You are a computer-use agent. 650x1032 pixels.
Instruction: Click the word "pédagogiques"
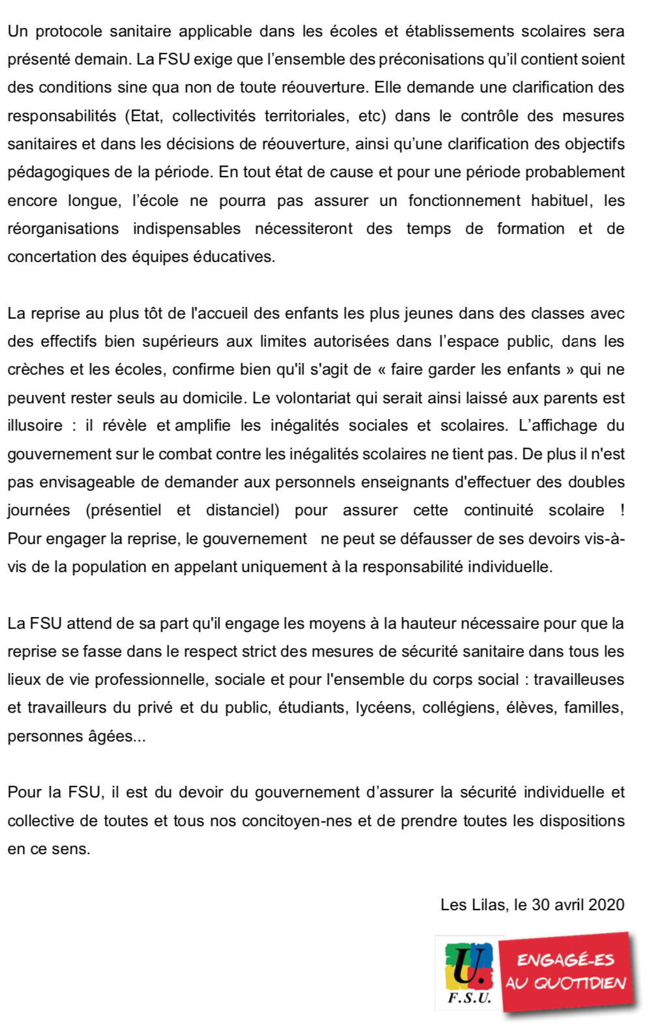(53, 172)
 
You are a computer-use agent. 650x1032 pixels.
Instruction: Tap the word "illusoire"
(35, 425)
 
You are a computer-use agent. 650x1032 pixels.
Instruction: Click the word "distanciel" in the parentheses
(241, 510)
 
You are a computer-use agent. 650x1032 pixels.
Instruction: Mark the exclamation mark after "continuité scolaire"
(622, 510)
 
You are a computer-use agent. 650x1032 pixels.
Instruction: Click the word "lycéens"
(384, 708)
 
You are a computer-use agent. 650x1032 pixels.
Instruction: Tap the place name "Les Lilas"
(473, 904)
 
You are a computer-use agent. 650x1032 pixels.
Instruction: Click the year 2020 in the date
(606, 904)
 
